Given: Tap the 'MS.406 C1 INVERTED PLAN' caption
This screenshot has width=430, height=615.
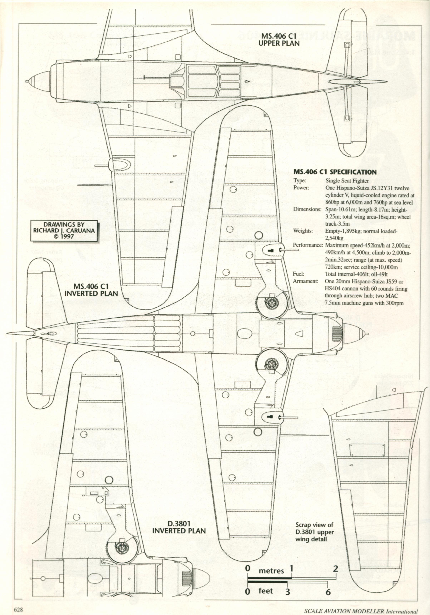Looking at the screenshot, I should tap(91, 290).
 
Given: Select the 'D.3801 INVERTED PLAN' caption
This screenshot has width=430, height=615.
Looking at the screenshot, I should tap(179, 527).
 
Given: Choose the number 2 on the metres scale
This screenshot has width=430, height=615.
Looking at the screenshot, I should tap(335, 568).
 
